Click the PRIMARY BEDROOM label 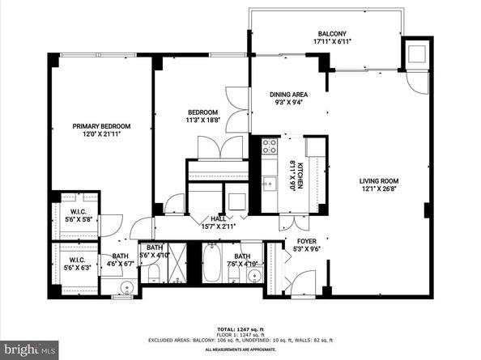coord(101,126)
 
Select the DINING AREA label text coord(287,95)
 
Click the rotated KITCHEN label coord(300,176)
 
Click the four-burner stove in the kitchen coord(269,146)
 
